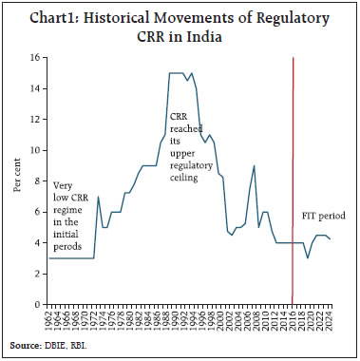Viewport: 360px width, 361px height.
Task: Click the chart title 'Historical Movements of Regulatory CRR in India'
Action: pyautogui.click(x=180, y=28)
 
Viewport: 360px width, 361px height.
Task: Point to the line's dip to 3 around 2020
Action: pyautogui.click(x=307, y=257)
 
